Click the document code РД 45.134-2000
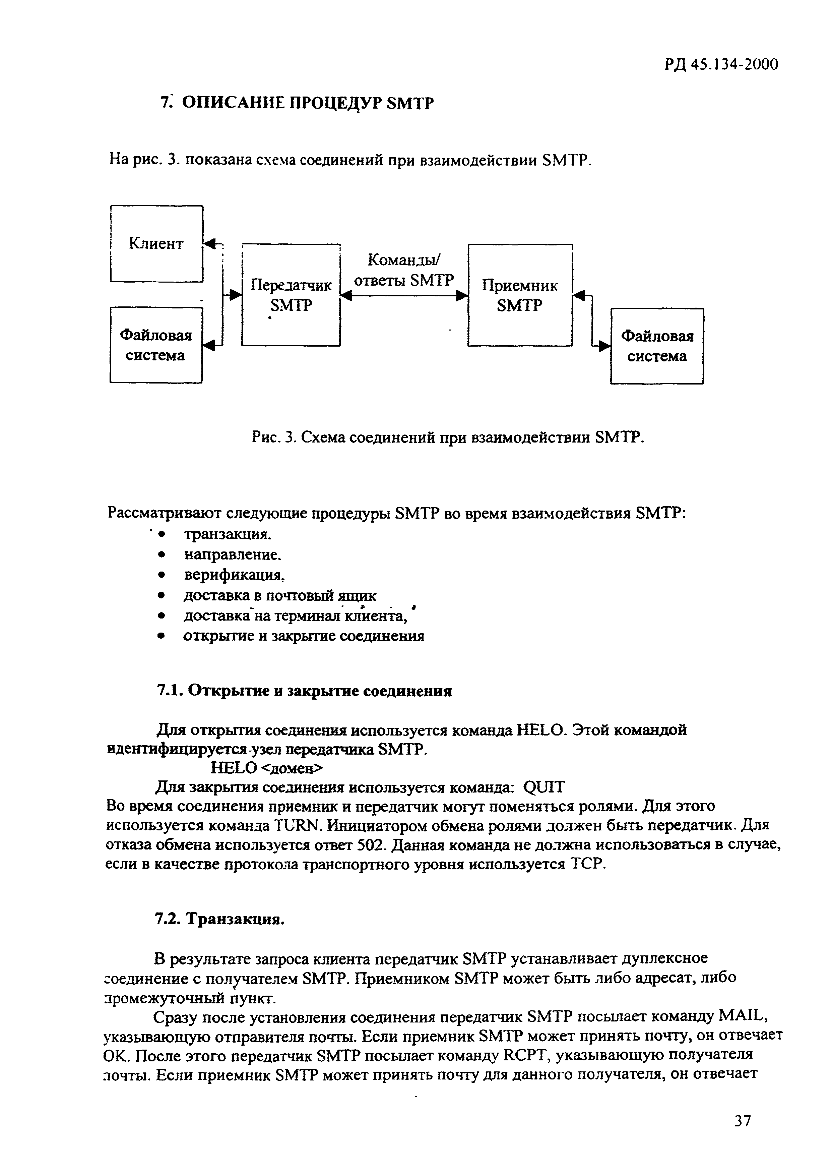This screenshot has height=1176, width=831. (x=721, y=65)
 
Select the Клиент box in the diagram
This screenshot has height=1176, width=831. (x=156, y=243)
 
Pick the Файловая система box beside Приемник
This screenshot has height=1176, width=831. (x=657, y=346)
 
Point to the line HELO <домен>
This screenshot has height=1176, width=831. (x=268, y=768)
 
